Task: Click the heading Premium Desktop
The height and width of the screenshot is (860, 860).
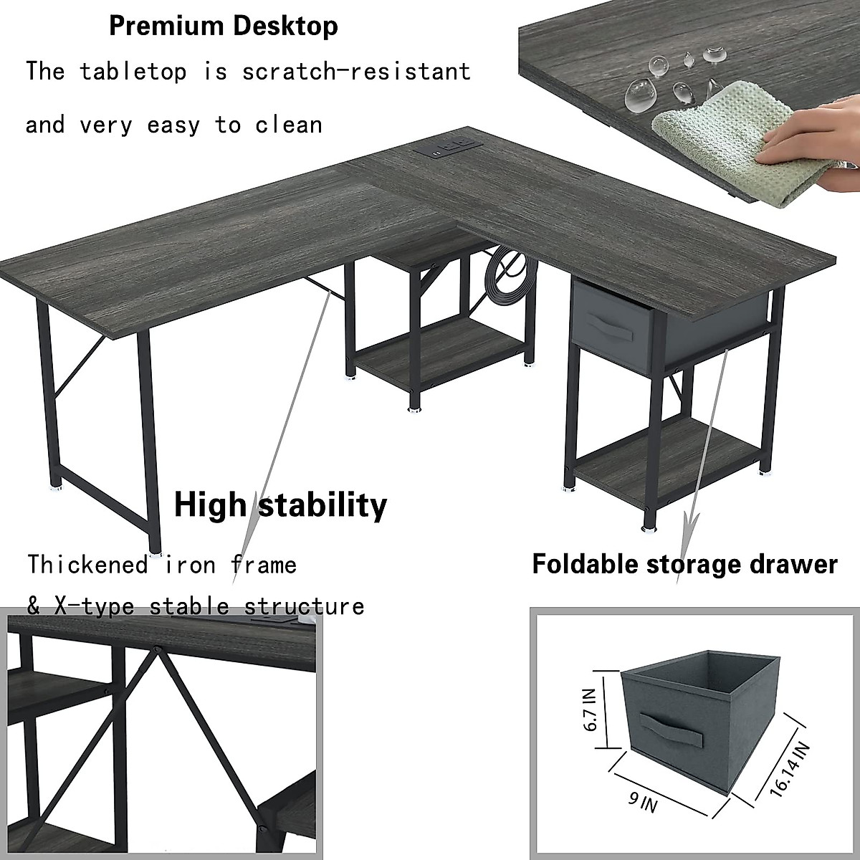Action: (223, 27)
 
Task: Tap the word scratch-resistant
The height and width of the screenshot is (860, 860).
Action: (356, 72)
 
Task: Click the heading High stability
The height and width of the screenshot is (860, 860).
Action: (280, 505)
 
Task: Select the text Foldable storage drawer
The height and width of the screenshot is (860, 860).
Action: (684, 564)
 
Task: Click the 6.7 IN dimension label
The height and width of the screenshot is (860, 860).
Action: (588, 709)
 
